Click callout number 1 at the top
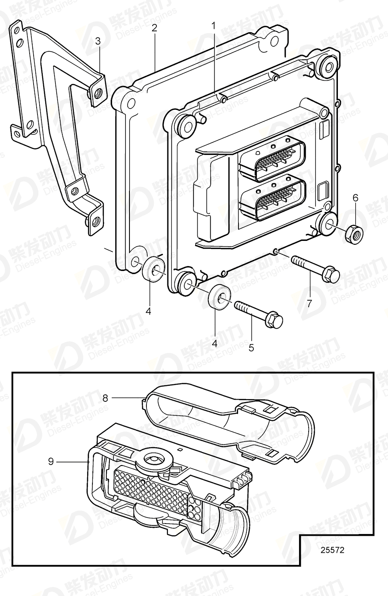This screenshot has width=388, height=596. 214,26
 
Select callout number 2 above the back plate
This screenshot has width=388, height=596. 154,28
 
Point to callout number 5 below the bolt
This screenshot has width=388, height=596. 251,347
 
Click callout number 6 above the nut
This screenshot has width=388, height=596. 355,198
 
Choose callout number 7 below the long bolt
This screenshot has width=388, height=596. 309,303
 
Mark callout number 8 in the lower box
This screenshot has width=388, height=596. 105,397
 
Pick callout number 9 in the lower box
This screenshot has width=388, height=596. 51,461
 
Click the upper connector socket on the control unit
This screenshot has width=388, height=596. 272,161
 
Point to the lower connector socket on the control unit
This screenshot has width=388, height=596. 273,200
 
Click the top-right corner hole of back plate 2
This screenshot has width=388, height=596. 274,42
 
